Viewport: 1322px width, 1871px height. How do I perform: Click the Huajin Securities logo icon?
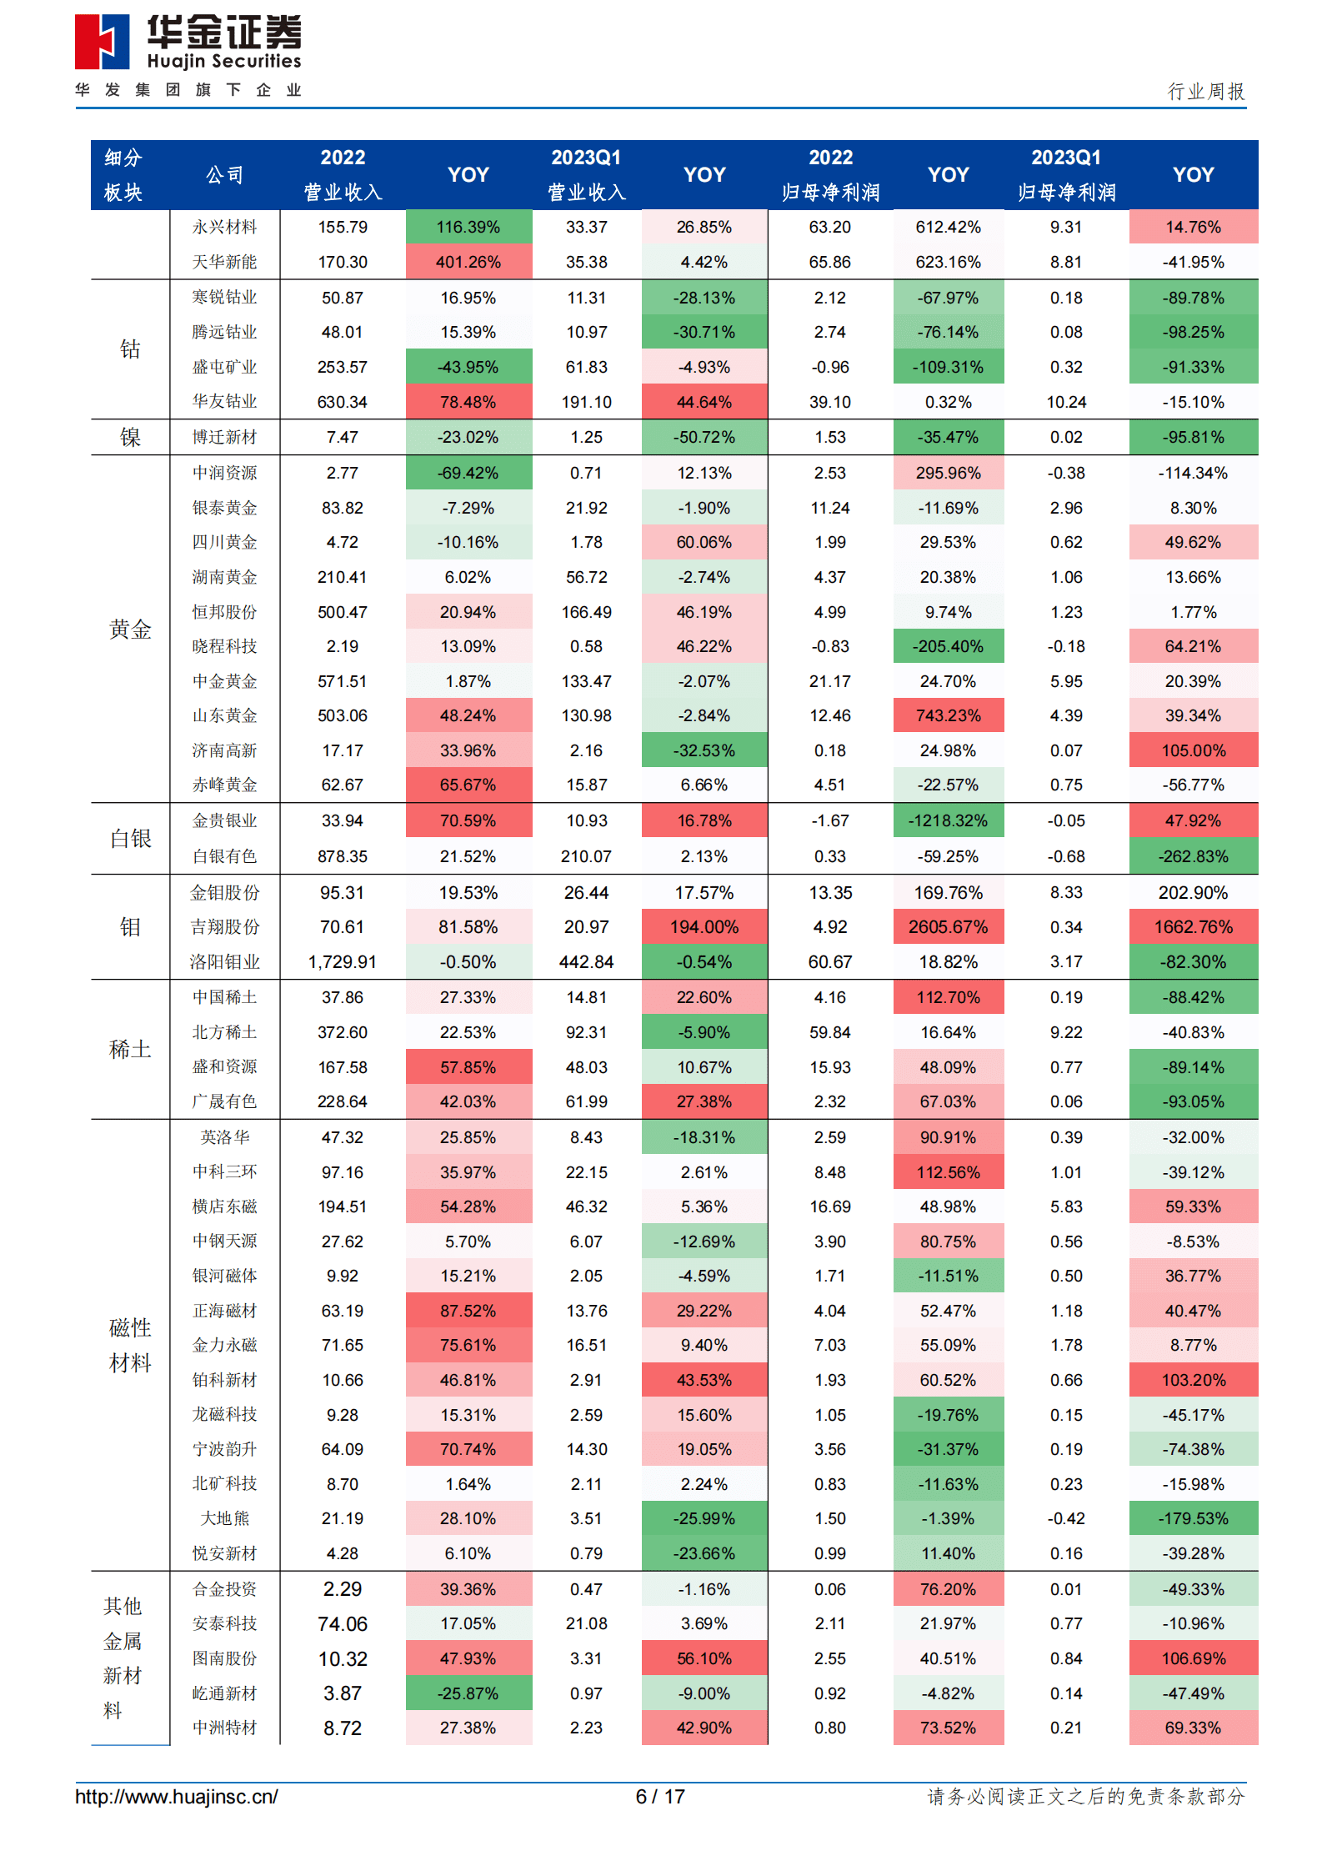[x=102, y=42]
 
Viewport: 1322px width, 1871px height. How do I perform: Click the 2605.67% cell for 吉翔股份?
[x=948, y=926]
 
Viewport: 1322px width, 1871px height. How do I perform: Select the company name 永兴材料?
[x=224, y=227]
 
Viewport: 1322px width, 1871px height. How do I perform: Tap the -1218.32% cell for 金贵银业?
[x=948, y=820]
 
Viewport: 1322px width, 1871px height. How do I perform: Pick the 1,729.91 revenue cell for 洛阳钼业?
[x=342, y=961]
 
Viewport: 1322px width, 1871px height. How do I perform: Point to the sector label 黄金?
[x=130, y=630]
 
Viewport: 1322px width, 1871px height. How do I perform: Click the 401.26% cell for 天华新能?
[x=468, y=262]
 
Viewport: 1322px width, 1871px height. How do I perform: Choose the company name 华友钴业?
[x=224, y=401]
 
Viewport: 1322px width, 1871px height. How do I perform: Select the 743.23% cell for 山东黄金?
[x=948, y=715]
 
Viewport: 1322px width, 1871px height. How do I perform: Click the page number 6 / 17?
[x=660, y=1796]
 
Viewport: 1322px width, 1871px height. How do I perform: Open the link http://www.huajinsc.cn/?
[x=177, y=1796]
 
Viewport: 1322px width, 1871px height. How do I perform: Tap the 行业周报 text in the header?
[x=1205, y=91]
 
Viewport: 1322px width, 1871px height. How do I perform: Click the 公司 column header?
[x=224, y=175]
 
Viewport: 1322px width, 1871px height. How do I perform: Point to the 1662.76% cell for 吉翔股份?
[x=1193, y=926]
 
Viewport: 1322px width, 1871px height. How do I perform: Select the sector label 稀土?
[x=130, y=1049]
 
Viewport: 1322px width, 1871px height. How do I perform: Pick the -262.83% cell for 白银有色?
[x=1193, y=856]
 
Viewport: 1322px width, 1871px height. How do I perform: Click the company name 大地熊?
[x=224, y=1518]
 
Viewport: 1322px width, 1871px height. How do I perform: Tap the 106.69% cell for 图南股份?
[x=1193, y=1658]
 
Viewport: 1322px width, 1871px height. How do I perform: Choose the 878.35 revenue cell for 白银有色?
[x=342, y=856]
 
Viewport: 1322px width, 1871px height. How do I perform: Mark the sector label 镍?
[x=130, y=437]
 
